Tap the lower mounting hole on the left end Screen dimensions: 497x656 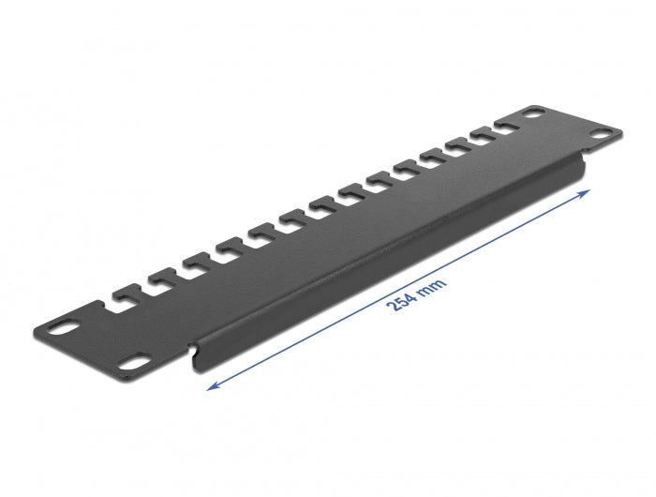pos(135,359)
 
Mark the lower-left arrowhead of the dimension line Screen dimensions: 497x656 pos(211,384)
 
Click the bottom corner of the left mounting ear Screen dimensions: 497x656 pos(145,372)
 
